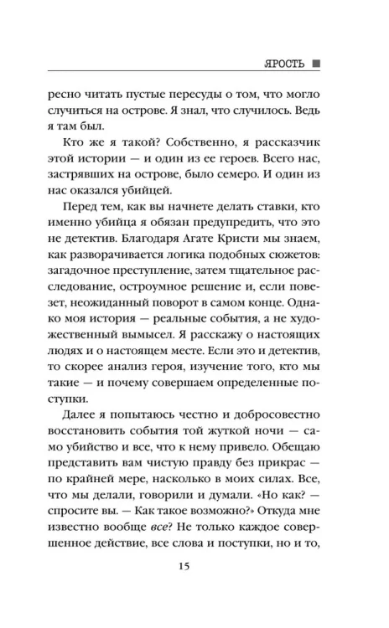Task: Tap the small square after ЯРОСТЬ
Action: tap(316, 64)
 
